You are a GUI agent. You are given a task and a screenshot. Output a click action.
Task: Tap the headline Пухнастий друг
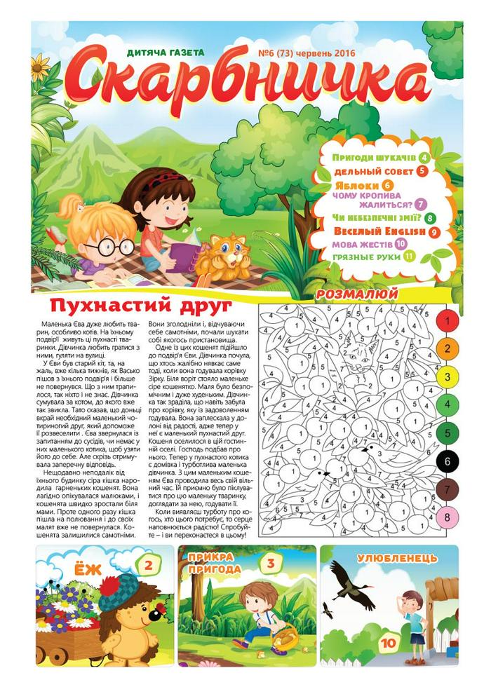[141, 306]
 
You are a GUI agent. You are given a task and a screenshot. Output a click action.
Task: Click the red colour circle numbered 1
[447, 320]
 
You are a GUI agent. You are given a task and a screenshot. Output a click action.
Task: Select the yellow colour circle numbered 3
[447, 376]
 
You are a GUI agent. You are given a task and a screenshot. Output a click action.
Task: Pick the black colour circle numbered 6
[447, 461]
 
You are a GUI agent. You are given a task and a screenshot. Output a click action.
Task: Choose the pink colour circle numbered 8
[447, 517]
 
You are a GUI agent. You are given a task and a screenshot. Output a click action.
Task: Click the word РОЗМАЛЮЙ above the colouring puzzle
[358, 293]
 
